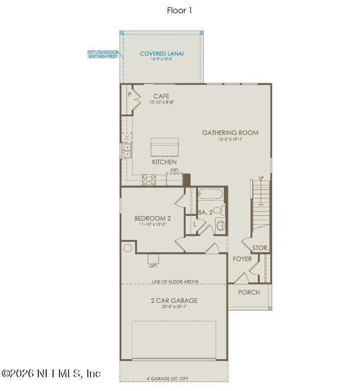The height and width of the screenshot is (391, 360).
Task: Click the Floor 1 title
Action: (179, 10)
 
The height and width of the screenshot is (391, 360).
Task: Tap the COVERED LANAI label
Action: (162, 53)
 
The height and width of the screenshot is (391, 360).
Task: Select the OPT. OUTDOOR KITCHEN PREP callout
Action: (103, 54)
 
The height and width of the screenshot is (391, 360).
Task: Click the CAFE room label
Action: (161, 96)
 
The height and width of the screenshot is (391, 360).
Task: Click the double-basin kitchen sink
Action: (127, 150)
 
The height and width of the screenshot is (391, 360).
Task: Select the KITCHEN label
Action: (164, 162)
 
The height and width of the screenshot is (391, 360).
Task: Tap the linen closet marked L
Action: (194, 224)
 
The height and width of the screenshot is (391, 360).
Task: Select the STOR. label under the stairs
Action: (260, 248)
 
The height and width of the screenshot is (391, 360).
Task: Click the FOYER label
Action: (242, 259)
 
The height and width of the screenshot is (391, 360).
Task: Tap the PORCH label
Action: (249, 292)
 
